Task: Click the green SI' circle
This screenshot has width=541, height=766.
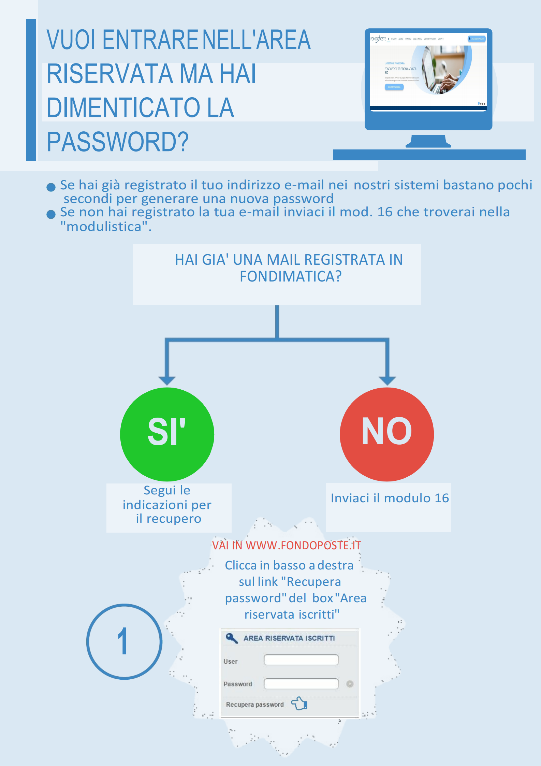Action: pos(167,434)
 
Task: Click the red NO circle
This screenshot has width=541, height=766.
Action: pos(387,434)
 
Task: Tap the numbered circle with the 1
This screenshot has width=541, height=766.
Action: pos(124,641)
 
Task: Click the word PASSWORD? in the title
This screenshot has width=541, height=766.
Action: pos(118,142)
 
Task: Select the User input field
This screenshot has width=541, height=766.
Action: pos(301,660)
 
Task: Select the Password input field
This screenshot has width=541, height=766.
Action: pos(301,684)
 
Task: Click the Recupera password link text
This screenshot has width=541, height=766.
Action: pos(254,705)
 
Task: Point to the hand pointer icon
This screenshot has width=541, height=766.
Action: pos(299,704)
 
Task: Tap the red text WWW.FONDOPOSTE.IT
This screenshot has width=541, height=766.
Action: pos(303,546)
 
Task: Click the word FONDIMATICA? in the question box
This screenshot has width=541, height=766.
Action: pos(290,276)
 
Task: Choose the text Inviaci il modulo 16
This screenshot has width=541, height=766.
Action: pos(390,498)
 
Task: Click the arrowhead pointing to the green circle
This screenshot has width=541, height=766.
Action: pos(167,380)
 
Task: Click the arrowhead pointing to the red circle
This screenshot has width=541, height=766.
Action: pos(387,380)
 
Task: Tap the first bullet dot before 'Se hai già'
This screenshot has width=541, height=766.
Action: pos(51,187)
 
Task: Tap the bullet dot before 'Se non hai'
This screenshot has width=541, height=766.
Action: pos(51,214)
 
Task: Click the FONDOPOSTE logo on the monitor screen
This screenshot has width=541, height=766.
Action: pos(378,39)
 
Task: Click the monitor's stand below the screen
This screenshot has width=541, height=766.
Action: pos(428,141)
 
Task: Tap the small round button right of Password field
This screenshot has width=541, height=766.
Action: pos(350,684)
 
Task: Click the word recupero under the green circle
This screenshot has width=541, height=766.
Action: pos(174,519)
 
